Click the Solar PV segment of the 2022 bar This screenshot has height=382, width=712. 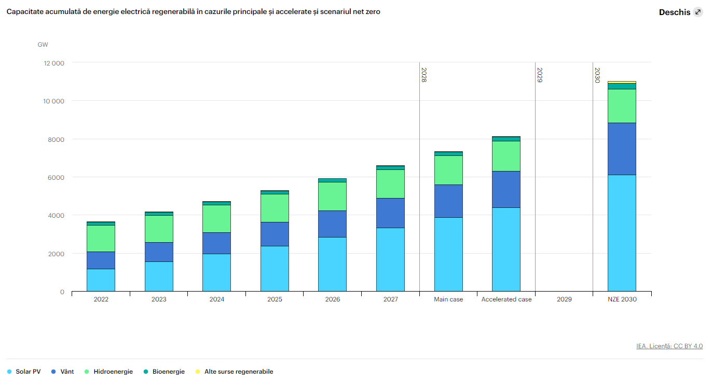click(x=101, y=280)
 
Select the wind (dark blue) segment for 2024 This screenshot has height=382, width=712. click(x=216, y=243)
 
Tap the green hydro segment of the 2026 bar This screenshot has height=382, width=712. click(x=332, y=196)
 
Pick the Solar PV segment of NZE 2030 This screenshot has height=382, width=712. click(x=622, y=233)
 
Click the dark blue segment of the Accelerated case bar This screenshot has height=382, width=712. click(x=506, y=189)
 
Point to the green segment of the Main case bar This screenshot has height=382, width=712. click(x=448, y=170)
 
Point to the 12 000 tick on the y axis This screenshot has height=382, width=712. click(x=53, y=63)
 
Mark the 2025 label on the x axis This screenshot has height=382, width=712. click(x=275, y=299)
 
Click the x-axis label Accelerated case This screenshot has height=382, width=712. click(x=506, y=299)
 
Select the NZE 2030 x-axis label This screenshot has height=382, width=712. click(x=622, y=299)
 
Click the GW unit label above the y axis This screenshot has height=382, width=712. click(x=43, y=45)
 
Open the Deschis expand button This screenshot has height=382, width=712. click(x=697, y=12)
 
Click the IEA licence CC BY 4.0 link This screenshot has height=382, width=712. click(x=669, y=346)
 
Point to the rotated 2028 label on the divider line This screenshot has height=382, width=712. click(x=423, y=75)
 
